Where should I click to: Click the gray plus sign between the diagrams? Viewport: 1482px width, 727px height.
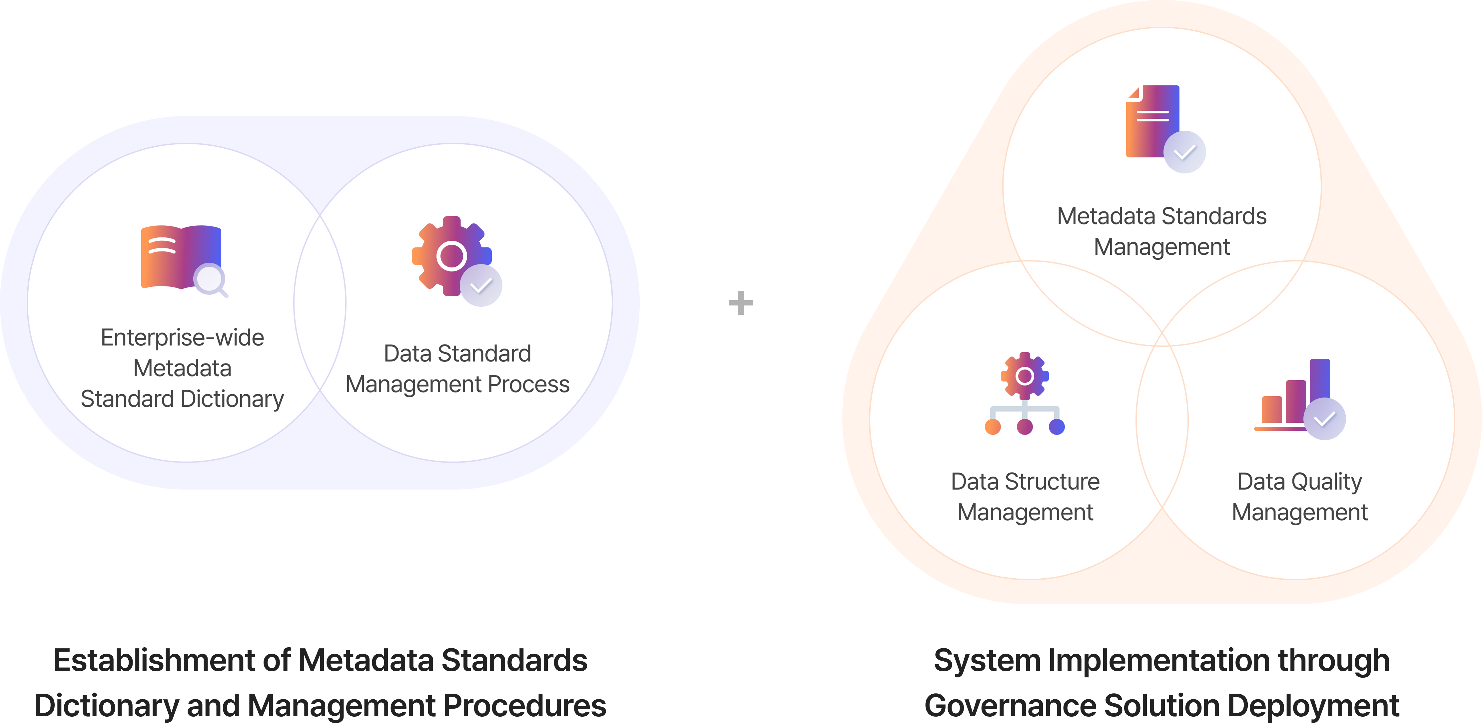coord(740,303)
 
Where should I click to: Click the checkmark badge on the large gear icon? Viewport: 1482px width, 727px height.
coord(481,285)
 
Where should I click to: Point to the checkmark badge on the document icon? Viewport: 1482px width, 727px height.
coord(1184,152)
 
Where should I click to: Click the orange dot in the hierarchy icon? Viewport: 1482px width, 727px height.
coord(993,427)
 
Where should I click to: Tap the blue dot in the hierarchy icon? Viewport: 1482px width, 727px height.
coord(1057,427)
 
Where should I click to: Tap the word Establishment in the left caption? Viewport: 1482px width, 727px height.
coord(154,660)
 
